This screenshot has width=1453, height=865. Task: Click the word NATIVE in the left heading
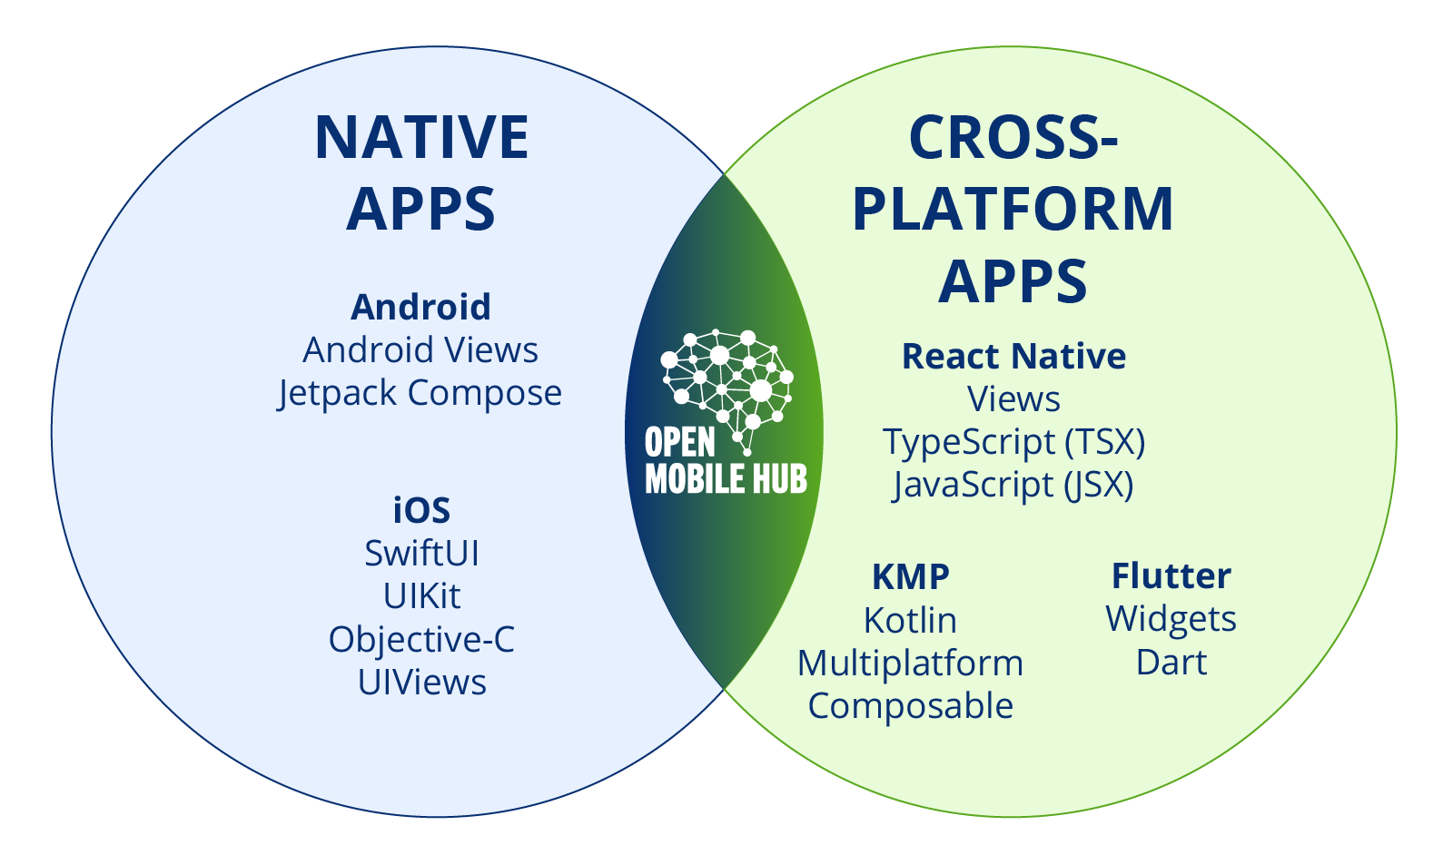click(421, 137)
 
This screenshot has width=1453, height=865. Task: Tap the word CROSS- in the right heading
click(1013, 137)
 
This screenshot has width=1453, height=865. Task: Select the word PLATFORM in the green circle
click(1013, 209)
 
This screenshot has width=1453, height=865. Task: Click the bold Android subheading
click(421, 307)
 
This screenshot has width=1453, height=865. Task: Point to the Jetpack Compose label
click(420, 394)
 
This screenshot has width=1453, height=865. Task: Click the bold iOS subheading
click(421, 510)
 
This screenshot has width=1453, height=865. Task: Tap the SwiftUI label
click(421, 553)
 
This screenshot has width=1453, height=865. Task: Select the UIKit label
click(421, 596)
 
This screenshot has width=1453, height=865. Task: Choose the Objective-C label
click(421, 639)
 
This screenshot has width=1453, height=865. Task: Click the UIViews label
click(421, 683)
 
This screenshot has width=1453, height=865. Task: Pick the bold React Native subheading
click(1013, 356)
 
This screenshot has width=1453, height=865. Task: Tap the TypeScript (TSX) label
click(1013, 443)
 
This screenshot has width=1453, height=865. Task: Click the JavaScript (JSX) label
click(1013, 486)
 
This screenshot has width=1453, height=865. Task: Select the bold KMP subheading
click(911, 576)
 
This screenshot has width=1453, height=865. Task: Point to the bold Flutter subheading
click(1171, 575)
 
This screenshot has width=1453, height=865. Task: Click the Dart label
click(1171, 662)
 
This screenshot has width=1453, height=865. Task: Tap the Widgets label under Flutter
click(1171, 620)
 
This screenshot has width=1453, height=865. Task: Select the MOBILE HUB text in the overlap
click(726, 478)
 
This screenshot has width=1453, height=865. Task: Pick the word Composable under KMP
click(911, 706)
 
